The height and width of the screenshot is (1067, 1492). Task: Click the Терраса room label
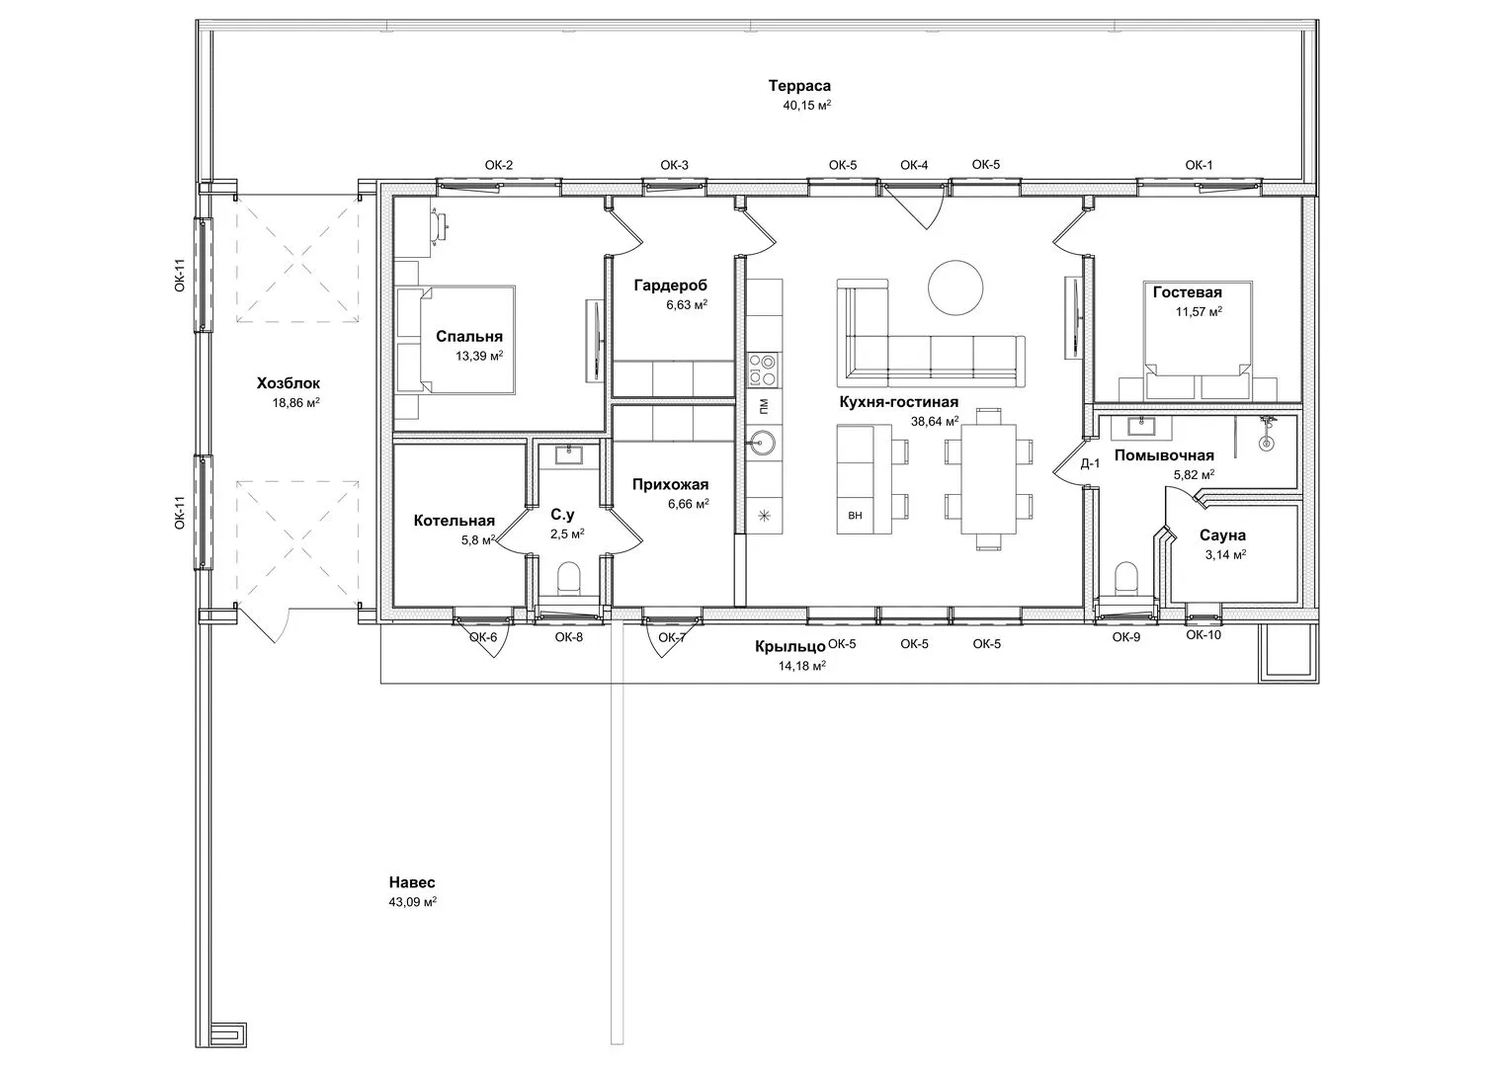tap(799, 86)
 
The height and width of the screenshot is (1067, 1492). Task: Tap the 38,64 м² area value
tap(935, 421)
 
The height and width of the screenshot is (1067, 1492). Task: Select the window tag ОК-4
tap(914, 165)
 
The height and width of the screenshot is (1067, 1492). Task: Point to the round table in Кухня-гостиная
tap(955, 287)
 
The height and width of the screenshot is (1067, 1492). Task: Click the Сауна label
tap(1222, 535)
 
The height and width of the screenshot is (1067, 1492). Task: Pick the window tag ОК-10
tap(1203, 634)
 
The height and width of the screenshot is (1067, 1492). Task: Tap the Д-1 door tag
tap(1090, 463)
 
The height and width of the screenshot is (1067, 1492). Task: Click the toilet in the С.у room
tap(568, 577)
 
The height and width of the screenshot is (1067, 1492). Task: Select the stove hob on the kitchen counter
tap(764, 369)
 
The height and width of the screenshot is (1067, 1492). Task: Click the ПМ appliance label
tap(764, 406)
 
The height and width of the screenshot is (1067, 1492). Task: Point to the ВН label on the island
tap(856, 515)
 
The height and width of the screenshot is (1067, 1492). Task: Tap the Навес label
tap(412, 882)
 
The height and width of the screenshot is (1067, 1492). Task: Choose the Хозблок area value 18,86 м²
tap(295, 402)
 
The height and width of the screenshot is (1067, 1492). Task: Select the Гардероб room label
tap(670, 286)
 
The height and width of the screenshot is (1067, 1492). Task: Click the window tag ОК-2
tap(499, 165)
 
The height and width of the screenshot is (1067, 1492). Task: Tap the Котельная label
tap(454, 521)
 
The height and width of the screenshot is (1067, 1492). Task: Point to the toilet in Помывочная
tap(1126, 577)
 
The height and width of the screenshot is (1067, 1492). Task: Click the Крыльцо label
tap(789, 646)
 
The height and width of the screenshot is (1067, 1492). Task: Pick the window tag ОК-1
tap(1199, 165)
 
